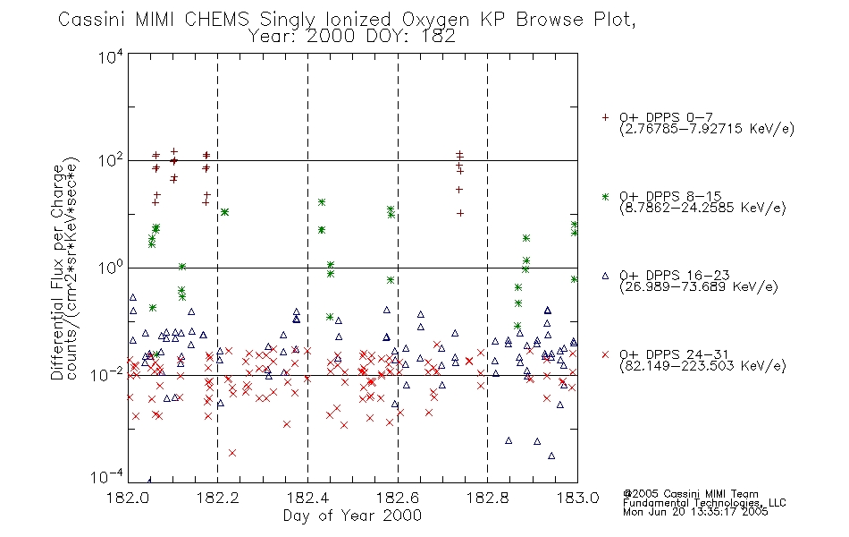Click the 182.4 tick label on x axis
[308, 498]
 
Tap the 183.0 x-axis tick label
[577, 498]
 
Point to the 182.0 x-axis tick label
[128, 498]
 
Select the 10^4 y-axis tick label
[110, 55]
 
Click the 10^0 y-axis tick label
[110, 267]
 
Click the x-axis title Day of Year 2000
[352, 516]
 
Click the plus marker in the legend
[605, 117]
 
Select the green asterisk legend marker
[605, 196]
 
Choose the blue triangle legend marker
[605, 276]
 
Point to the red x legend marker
[605, 354]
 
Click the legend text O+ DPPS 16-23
[675, 275]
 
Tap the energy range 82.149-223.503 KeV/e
[702, 366]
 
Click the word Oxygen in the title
[436, 20]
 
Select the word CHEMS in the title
[216, 20]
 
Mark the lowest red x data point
[232, 452]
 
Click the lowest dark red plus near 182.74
[460, 213]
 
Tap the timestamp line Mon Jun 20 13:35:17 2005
[695, 512]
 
